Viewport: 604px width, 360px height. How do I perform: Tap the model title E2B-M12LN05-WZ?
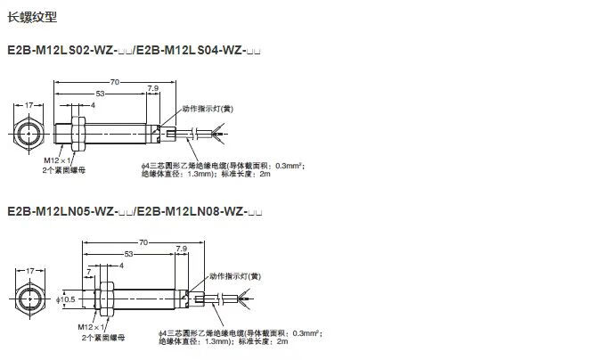(69, 212)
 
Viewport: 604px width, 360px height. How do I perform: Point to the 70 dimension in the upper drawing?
(114, 82)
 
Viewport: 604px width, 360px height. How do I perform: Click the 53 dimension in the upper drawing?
(99, 93)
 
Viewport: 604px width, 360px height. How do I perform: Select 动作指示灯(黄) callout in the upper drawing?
(206, 109)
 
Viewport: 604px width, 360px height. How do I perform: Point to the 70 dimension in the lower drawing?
(143, 242)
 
